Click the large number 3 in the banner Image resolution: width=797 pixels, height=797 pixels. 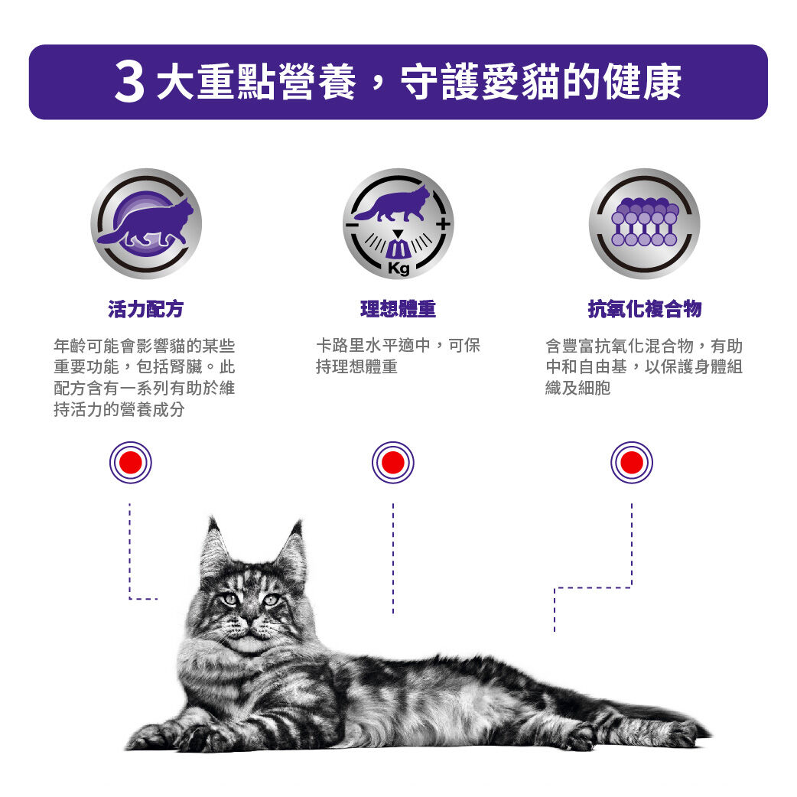point(130,83)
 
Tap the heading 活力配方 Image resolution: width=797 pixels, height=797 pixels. point(145,309)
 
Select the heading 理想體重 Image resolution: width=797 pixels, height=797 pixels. point(398,309)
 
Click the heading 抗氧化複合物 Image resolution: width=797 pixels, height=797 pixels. point(644,309)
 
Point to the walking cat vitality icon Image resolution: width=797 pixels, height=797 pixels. point(145,223)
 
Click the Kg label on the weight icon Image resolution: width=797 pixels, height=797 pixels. point(398,268)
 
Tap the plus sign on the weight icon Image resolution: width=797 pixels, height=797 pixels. point(441,224)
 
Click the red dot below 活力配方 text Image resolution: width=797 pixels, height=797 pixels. point(130,463)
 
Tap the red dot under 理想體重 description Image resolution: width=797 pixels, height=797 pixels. point(392,463)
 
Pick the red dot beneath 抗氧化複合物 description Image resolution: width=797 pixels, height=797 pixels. point(632,463)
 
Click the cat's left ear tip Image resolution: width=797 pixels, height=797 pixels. point(212,523)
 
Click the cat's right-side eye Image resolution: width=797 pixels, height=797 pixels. point(271,600)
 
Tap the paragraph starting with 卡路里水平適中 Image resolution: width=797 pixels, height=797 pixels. point(398,356)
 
